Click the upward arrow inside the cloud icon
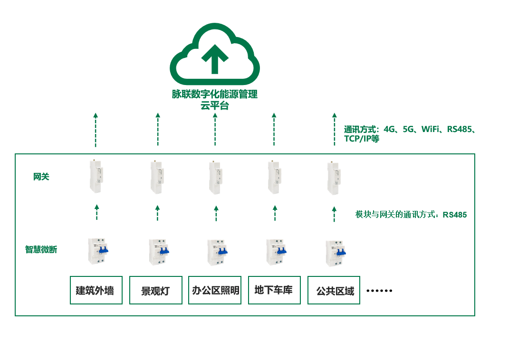[215, 58]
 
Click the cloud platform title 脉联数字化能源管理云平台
[215, 100]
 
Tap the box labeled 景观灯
[156, 290]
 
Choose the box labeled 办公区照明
[215, 290]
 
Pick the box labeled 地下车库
[274, 290]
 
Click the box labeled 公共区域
[334, 290]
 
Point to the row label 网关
[41, 177]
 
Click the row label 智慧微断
[41, 249]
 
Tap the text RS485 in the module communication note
[455, 215]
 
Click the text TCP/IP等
[362, 139]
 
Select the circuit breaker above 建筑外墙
[97, 251]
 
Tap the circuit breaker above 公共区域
[336, 253]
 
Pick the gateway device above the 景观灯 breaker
[157, 177]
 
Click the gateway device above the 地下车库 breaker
[274, 177]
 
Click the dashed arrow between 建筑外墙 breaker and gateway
[96, 212]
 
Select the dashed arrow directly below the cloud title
[215, 129]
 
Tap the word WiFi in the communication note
[430, 129]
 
